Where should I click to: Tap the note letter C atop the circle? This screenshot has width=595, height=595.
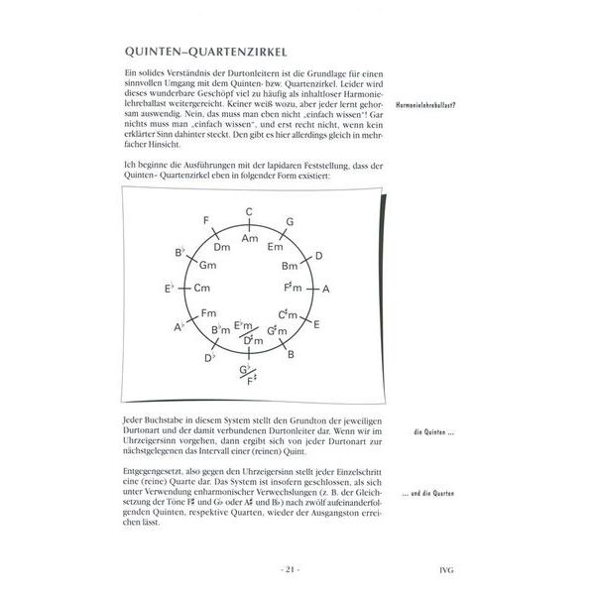pyautogui.click(x=249, y=210)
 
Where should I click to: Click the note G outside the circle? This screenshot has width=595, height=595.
pyautogui.click(x=290, y=221)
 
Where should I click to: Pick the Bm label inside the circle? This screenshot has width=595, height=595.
pyautogui.click(x=290, y=267)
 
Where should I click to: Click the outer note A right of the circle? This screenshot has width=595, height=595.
pyautogui.click(x=326, y=288)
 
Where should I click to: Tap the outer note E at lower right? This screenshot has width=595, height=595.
pyautogui.click(x=316, y=324)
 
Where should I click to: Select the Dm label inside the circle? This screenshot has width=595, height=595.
pyautogui.click(x=222, y=247)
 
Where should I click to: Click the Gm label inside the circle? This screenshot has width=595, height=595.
pyautogui.click(x=208, y=266)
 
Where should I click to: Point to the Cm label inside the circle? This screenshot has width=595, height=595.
pyautogui.click(x=202, y=289)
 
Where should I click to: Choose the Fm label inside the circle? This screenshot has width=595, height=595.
pyautogui.click(x=209, y=313)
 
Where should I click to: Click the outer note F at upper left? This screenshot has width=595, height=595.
pyautogui.click(x=205, y=220)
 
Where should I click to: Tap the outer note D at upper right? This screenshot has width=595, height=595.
pyautogui.click(x=317, y=256)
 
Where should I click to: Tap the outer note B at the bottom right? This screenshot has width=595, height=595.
pyautogui.click(x=291, y=352)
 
